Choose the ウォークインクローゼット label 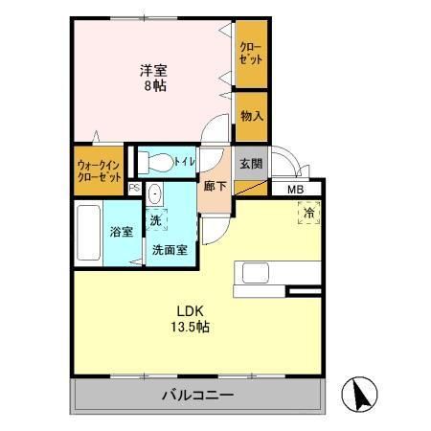tap(99, 170)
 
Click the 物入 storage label tap(252, 115)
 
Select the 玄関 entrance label tap(251, 162)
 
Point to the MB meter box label tap(297, 189)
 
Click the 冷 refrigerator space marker tap(309, 215)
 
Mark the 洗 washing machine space tap(155, 220)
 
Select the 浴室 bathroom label tap(121, 231)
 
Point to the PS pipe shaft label tap(134, 189)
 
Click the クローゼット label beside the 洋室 tap(251, 53)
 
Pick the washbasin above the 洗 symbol tap(156, 195)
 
